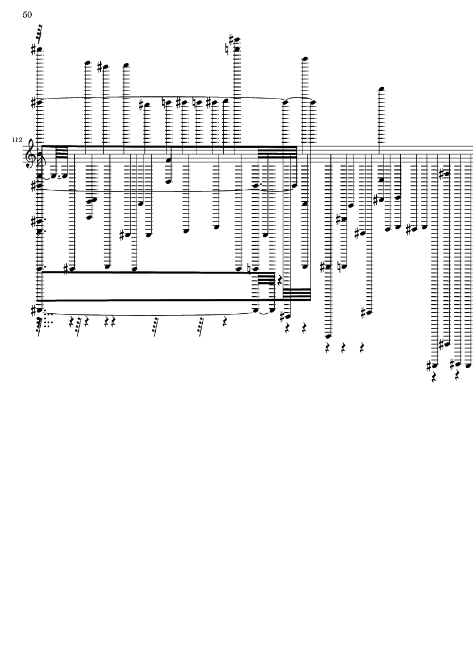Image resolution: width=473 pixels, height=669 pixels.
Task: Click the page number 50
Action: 27,15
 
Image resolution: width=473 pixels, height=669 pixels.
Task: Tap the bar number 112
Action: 16,139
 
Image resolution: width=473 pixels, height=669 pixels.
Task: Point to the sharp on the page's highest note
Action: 231,39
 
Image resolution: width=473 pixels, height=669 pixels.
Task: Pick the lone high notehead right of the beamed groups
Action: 382,89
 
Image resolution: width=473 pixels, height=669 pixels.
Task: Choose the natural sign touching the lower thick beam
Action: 249,269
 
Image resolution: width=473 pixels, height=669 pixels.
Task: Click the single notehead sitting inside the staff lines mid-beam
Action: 168,160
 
